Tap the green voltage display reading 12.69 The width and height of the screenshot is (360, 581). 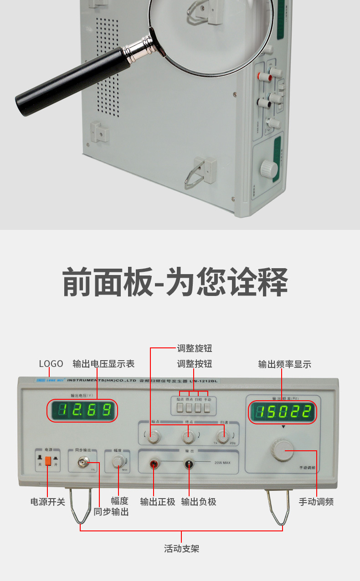[x=82, y=411]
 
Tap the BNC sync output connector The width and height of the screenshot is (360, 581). [x=83, y=463]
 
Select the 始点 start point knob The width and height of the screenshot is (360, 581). [x=154, y=437]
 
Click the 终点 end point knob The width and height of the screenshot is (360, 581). [x=188, y=437]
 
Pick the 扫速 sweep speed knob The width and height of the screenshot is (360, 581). [x=222, y=437]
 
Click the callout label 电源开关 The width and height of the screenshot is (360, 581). [x=48, y=502]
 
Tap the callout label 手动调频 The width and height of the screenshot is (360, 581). [x=316, y=502]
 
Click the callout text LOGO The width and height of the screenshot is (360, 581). [x=51, y=364]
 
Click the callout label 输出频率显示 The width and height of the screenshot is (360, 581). [x=285, y=364]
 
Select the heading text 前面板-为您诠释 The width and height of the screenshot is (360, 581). [x=175, y=282]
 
